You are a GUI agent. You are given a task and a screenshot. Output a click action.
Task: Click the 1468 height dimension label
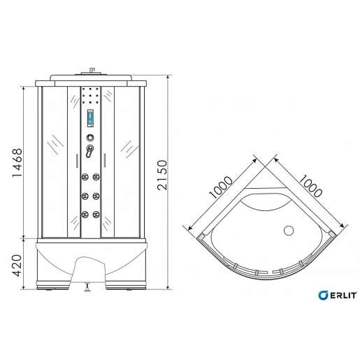pos(17,162)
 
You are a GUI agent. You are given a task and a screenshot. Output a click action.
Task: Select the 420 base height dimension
pos(17,266)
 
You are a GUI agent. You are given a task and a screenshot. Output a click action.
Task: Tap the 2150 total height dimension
pos(162,175)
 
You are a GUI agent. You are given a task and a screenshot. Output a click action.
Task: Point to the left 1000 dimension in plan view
pos(221,187)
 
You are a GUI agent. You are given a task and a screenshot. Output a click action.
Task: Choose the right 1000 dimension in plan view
pos(310,186)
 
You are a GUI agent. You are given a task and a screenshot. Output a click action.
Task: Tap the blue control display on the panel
pos(90,118)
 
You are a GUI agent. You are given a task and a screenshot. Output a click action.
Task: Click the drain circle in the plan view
pos(289,231)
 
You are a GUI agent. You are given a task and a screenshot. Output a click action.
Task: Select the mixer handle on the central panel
pos(89,151)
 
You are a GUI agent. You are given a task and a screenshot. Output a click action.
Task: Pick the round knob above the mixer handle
pos(90,138)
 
